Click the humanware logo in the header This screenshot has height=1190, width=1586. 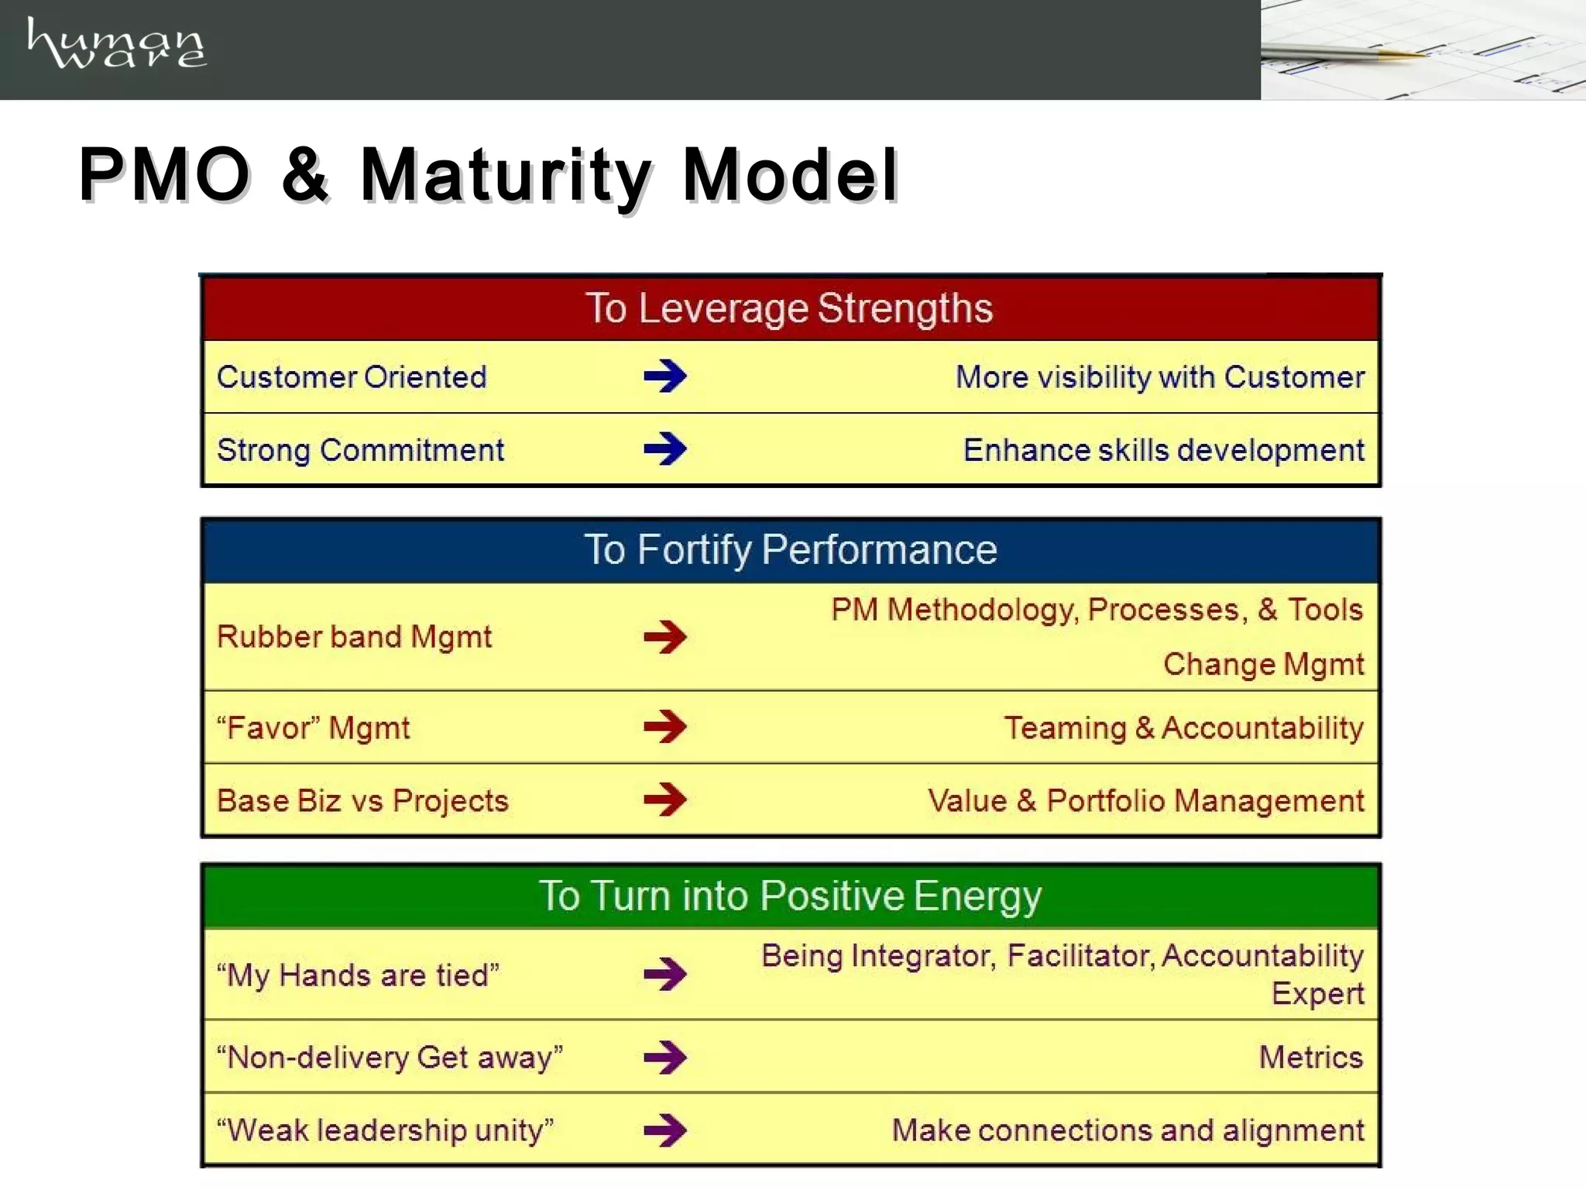tap(116, 44)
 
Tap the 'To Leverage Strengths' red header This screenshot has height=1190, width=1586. tap(789, 308)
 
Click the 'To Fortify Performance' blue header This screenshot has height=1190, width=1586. tap(790, 550)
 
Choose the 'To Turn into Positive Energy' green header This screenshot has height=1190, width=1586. tap(790, 896)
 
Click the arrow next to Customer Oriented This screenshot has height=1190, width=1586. tap(664, 377)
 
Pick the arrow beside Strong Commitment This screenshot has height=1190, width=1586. tap(664, 449)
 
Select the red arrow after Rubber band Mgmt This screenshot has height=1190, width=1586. tap(664, 637)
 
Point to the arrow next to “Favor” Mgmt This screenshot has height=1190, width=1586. tap(664, 727)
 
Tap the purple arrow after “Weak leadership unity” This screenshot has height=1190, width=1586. tap(664, 1130)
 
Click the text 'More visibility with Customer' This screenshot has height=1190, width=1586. tap(1159, 377)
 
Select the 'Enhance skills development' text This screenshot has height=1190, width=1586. tap(1163, 450)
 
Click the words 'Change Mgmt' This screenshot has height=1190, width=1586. tap(1263, 665)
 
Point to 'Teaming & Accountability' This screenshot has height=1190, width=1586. tap(1183, 727)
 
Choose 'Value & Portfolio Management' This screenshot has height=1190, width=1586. tap(1145, 800)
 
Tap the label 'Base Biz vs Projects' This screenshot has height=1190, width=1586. tap(362, 800)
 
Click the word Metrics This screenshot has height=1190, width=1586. tap(1310, 1057)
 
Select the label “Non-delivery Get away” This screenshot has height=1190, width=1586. tap(390, 1058)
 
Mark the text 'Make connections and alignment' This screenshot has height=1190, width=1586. tap(1128, 1130)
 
